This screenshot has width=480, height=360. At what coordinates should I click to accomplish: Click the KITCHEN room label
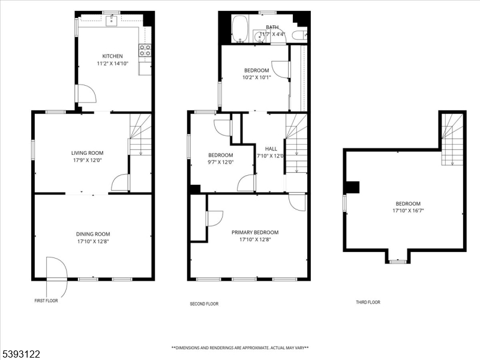tap(112, 56)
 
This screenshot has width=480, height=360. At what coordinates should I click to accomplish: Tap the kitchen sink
tap(112, 21)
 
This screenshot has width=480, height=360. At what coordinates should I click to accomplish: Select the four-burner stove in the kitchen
tap(145, 50)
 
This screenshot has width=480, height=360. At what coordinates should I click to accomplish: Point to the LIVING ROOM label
tap(87, 153)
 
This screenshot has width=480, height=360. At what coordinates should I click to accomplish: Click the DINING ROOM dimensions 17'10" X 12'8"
tap(93, 242)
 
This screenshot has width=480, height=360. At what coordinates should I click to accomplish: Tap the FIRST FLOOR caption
tap(46, 301)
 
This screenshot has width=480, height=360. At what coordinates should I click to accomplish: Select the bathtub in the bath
tap(239, 29)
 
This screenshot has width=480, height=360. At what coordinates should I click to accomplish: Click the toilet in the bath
tap(299, 35)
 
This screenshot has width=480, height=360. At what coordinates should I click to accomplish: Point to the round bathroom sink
tap(259, 37)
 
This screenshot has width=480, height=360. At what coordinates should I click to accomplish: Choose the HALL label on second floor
tap(271, 149)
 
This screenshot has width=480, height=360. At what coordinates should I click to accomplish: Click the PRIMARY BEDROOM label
tap(255, 232)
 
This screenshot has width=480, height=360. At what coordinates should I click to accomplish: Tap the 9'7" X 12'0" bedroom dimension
tap(221, 163)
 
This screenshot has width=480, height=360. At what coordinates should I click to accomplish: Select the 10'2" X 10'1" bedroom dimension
tap(257, 78)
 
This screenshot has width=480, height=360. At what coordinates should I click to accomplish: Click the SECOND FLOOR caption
tap(204, 304)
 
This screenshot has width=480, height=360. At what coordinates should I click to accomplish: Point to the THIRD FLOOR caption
tap(368, 302)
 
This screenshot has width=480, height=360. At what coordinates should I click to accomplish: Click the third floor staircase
tap(452, 139)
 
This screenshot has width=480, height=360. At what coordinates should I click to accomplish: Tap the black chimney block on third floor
tap(352, 187)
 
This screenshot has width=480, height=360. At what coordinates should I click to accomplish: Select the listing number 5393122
tap(20, 354)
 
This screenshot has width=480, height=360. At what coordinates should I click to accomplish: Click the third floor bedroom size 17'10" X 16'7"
tap(408, 211)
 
